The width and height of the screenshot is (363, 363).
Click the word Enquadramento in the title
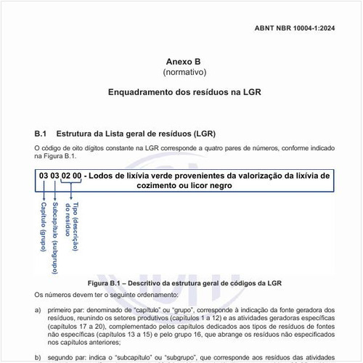coord(140,93)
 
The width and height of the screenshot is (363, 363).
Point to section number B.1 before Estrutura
coord(41,134)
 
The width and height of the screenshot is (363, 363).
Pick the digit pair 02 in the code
coord(67,176)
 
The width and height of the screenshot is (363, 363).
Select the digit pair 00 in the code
coord(77,176)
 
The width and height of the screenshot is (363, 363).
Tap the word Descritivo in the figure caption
coord(140,282)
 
